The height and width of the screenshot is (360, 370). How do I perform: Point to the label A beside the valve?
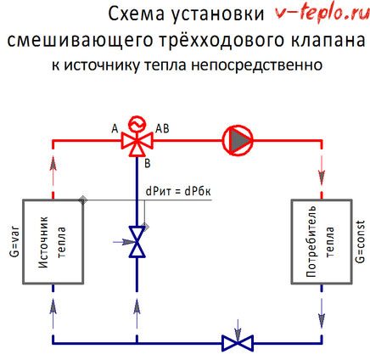[115, 127]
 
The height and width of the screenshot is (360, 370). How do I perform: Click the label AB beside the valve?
[162, 127]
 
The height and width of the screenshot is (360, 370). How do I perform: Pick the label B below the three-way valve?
[147, 161]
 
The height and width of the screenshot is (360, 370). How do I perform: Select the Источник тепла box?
[53, 241]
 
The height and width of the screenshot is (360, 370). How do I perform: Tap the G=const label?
[361, 241]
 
